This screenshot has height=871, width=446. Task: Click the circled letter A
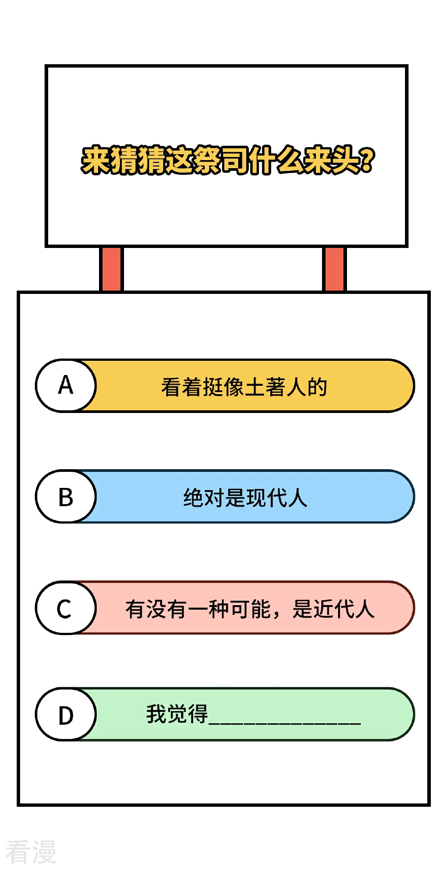point(66,385)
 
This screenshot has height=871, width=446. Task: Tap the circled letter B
point(66,496)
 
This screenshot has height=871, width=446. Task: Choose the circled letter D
point(66,714)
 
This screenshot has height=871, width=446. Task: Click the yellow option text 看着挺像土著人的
point(244,387)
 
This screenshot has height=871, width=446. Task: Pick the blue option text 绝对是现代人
point(245,498)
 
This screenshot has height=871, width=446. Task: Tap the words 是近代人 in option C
point(334,609)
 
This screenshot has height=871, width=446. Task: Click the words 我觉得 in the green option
point(177,714)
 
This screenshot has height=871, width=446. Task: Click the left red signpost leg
point(111,269)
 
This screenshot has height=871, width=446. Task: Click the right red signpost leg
point(334,269)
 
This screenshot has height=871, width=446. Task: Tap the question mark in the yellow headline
point(367,160)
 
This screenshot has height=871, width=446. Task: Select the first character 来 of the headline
point(95,160)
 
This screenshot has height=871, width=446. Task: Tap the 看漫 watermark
point(31,851)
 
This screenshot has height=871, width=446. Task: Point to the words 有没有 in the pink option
point(156,609)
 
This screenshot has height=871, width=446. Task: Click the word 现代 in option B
point(266,498)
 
